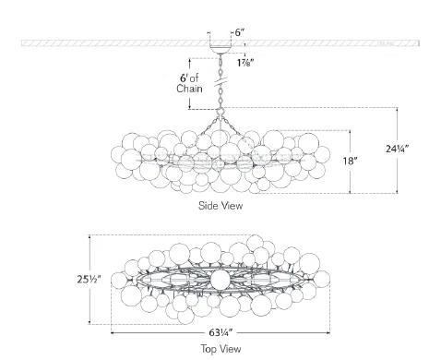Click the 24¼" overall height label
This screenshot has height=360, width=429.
pos(399,149)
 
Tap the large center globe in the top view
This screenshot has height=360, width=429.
pos(220,279)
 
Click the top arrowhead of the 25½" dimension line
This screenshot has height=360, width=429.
pos(89,236)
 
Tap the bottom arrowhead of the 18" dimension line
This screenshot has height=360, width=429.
pos(351,192)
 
